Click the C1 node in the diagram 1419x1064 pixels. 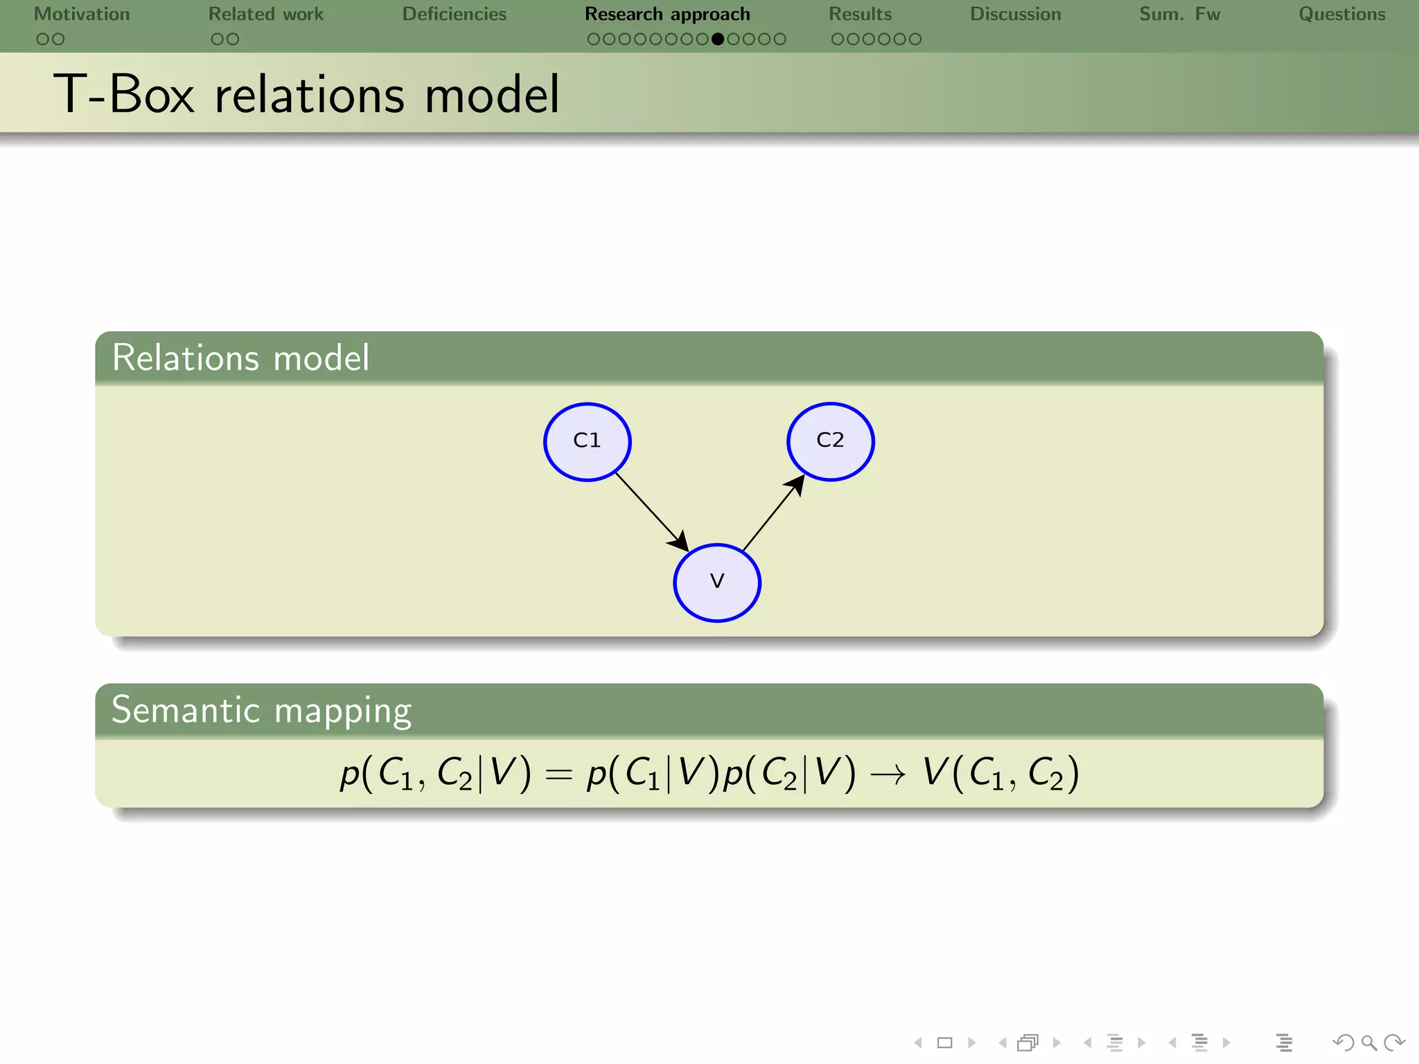587,441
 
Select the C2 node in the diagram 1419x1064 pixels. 830,441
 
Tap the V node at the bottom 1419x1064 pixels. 717,583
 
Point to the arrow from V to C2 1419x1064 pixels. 773,513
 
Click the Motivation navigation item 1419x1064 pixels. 82,15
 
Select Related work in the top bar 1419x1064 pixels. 266,15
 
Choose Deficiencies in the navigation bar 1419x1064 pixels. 455,15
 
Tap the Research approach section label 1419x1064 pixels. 667,15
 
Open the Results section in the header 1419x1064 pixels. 861,15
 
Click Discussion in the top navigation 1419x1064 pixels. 1015,15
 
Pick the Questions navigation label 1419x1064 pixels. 1342,15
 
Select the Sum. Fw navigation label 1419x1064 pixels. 1179,15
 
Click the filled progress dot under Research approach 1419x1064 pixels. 718,39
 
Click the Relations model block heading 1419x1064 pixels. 240,358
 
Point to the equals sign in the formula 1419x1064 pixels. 558,774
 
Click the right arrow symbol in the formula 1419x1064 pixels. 888,774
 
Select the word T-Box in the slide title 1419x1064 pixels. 125,94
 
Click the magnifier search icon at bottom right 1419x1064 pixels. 1368,1043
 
